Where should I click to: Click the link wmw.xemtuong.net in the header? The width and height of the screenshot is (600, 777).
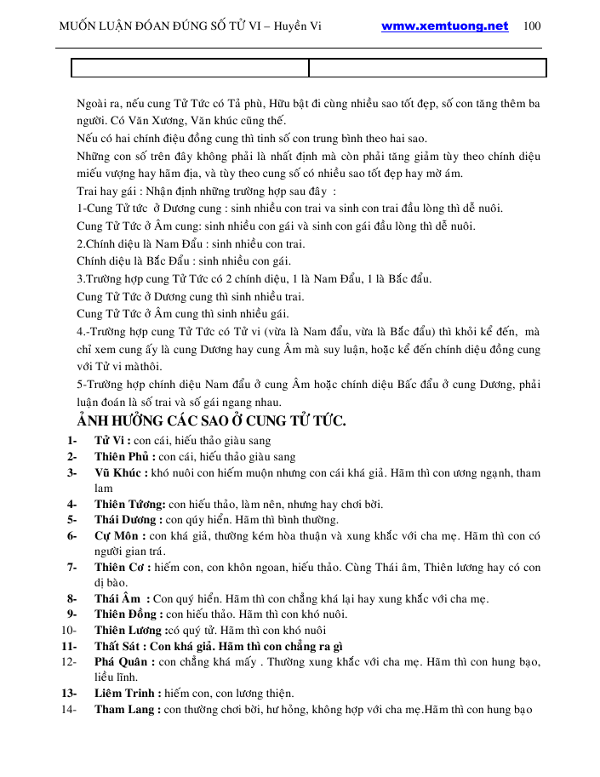tap(444, 26)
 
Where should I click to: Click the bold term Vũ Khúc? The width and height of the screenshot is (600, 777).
tap(119, 473)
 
